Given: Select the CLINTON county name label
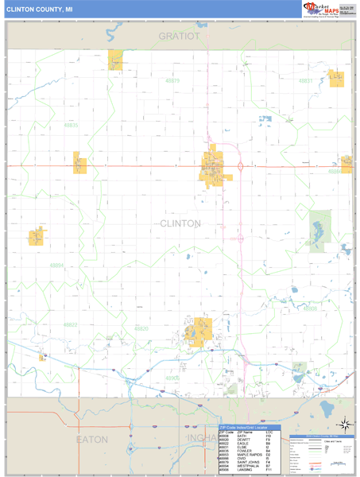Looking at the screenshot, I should [x=180, y=223].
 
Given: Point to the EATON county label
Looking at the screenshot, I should [x=91, y=439].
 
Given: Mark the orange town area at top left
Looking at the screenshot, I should [x=116, y=60].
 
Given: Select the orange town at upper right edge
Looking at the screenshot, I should [x=336, y=77].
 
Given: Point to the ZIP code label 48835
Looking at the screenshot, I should [x=71, y=126].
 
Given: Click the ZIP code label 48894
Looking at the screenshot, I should [x=56, y=266].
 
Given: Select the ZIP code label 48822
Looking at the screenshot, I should [x=71, y=324].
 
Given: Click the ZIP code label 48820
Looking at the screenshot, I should [x=141, y=328].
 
